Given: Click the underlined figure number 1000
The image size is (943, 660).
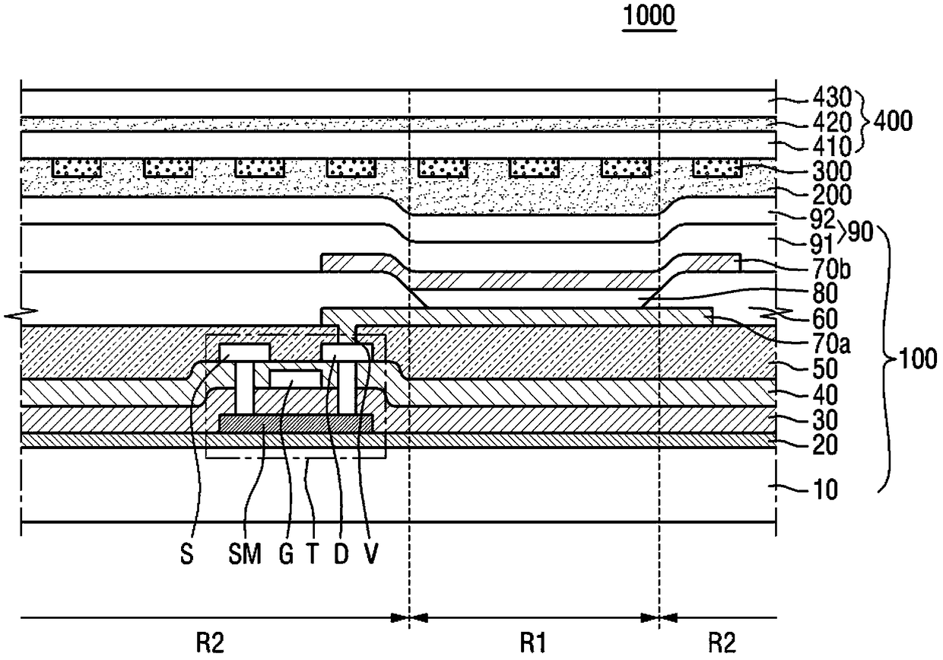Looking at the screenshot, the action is pos(649,15).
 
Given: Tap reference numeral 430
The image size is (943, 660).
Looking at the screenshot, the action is pos(832,97).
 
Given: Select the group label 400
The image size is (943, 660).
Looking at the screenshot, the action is pos(893,121).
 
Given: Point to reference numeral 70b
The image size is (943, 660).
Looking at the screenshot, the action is pos(831,269).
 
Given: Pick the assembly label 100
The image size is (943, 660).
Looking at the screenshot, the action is pos(917,359).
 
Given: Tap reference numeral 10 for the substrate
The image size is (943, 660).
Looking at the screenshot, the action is pos(824,489).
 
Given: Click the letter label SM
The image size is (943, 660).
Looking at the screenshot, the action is pos(245,553).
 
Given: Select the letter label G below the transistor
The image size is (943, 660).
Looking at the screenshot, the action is pos(286,553).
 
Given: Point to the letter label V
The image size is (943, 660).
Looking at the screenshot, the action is pos(370,553).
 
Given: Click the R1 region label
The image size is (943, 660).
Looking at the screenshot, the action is pos(533,642).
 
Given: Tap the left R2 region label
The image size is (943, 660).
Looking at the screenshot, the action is pos(210,642).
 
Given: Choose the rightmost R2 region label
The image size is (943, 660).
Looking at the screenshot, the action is pos(722,642).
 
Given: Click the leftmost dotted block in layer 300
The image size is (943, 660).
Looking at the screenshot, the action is pos(77,167).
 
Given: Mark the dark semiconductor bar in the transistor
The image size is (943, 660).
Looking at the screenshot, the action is pos(297,423).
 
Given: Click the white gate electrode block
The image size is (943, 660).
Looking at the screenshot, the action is pos(295,378).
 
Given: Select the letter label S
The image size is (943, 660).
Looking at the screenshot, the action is pos(187,553).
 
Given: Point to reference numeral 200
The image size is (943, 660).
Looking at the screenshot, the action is pos(832,195).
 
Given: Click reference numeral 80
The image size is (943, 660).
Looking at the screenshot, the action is pos(825,293).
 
